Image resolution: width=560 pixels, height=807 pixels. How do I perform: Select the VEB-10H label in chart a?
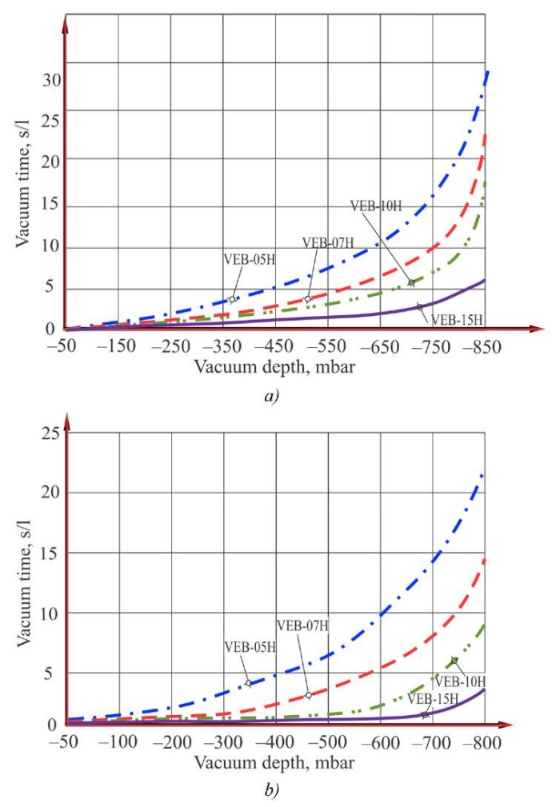tap(375, 205)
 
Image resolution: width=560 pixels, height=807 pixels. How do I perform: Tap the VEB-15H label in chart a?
tap(457, 320)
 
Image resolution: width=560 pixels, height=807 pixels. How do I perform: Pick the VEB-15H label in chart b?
tap(433, 698)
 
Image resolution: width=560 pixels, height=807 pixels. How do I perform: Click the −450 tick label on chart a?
tap(275, 346)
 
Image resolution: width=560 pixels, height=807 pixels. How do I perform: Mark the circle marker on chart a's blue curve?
tap(232, 299)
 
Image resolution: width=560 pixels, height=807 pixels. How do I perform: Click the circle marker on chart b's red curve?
tap(308, 695)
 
